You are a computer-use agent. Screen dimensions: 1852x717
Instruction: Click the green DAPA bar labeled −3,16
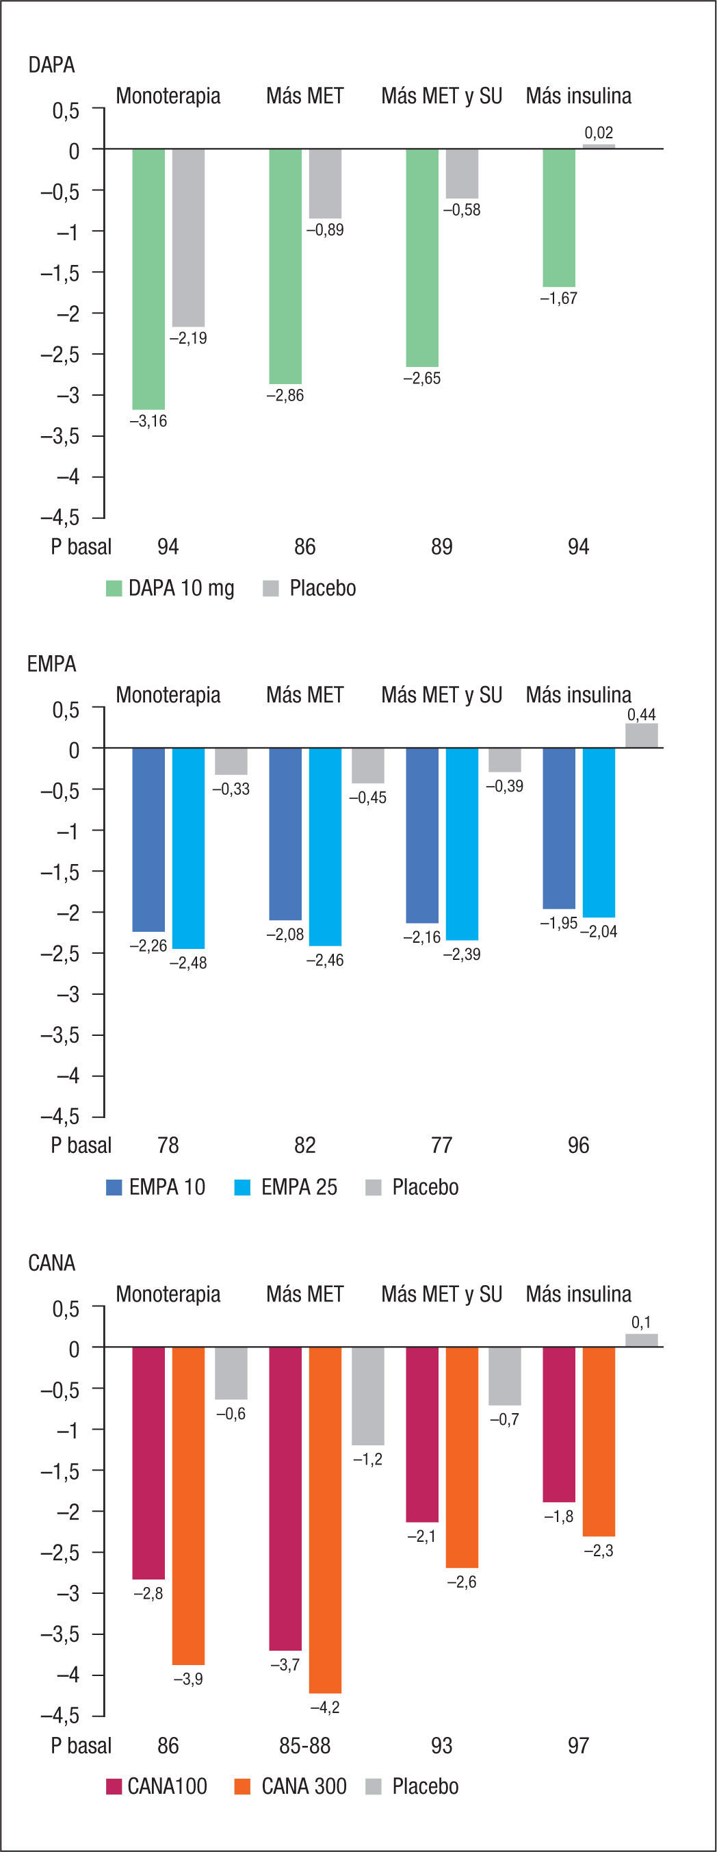pos(148,279)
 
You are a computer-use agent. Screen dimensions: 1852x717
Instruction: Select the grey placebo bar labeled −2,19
pos(188,238)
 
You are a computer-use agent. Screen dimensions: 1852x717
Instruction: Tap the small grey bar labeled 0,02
pos(599,146)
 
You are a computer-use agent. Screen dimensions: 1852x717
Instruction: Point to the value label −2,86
pos(285,396)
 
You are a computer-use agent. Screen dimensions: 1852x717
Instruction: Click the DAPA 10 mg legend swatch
pos(114,588)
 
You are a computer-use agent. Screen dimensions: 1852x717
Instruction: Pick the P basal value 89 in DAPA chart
pos(441,547)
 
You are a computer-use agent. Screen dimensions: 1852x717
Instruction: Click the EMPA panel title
pos(52,663)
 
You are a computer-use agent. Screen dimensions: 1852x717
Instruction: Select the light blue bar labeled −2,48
pos(188,848)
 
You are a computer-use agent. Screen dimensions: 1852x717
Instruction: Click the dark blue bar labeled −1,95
pos(559,828)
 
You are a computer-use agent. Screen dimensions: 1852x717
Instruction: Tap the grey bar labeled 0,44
pos(641,735)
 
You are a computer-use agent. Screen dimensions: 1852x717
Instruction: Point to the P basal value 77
pos(441,1145)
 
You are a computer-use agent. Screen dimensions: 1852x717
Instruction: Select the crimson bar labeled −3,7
pos(285,1498)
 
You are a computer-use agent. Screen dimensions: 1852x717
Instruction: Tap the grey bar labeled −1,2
pos(368,1395)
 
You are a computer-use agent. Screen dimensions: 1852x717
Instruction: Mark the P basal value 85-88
pos(304,1745)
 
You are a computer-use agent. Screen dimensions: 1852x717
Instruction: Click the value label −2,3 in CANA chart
pos(599,1551)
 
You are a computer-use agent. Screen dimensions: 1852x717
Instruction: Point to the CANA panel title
pos(52,1263)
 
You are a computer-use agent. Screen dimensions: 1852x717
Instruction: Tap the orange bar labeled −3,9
pos(188,1506)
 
